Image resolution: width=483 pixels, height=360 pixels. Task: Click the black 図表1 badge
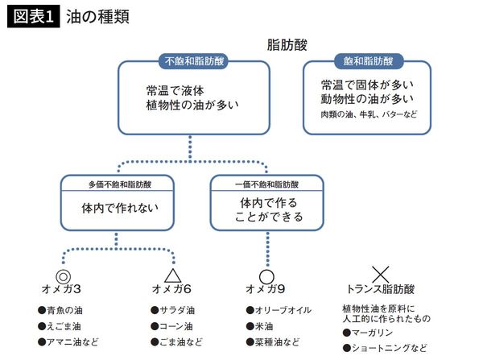click(x=33, y=17)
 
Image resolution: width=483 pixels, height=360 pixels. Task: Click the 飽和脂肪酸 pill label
click(x=369, y=61)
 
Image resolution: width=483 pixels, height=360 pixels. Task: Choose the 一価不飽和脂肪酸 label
click(x=268, y=184)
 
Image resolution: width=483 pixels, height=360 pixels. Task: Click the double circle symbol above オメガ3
click(x=64, y=275)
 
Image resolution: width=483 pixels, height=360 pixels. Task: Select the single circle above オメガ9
click(x=267, y=276)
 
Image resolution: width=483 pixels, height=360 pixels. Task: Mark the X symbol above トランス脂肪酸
click(x=380, y=275)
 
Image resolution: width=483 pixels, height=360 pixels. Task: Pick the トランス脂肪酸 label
click(x=380, y=290)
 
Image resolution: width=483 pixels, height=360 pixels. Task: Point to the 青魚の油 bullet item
click(x=63, y=310)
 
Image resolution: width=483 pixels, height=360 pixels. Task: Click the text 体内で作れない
click(x=119, y=208)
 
